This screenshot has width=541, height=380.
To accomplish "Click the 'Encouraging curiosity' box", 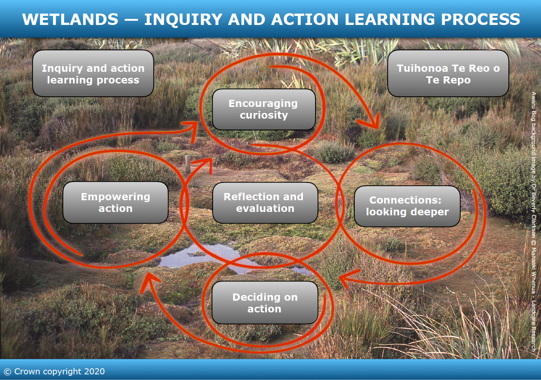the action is point(264,110).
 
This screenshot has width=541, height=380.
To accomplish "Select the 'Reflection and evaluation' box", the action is point(265,203).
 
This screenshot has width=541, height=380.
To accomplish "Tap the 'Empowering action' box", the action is point(116,202).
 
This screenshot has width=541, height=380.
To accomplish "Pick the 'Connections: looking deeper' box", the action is point(407,206).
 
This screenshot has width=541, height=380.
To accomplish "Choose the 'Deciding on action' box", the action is point(265,303).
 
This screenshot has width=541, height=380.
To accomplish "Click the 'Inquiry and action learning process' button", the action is point(93,73).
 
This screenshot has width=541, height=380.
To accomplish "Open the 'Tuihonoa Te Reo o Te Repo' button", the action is point(448,73).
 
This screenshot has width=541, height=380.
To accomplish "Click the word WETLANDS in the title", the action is point(70,19).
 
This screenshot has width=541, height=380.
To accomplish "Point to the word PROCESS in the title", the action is point(481,19).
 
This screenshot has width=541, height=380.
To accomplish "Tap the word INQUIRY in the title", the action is point(183,19).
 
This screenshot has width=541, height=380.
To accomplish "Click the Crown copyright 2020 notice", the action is point(54,371).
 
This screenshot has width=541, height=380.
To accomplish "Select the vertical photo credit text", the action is point(533,221).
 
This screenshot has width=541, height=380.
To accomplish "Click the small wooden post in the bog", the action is point(188,165).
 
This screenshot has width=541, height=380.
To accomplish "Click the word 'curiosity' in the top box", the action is point(264,116).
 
